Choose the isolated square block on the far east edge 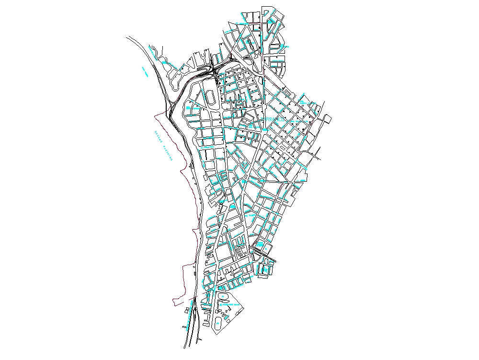click(328, 119)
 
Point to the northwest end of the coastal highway click(128, 37)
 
